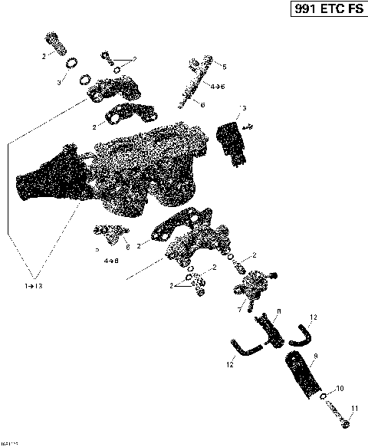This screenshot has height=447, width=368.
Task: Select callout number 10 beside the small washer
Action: [x=340, y=388]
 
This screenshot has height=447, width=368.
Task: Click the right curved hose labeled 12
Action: [x=300, y=334]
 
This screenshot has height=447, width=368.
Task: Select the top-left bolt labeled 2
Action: [x=55, y=38]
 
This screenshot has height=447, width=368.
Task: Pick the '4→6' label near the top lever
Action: [x=218, y=87]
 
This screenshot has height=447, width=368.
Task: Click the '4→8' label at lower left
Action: [x=112, y=261]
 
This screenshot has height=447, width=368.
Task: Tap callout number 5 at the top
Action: [x=223, y=67]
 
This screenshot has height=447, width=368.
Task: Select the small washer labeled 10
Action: [x=325, y=396]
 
